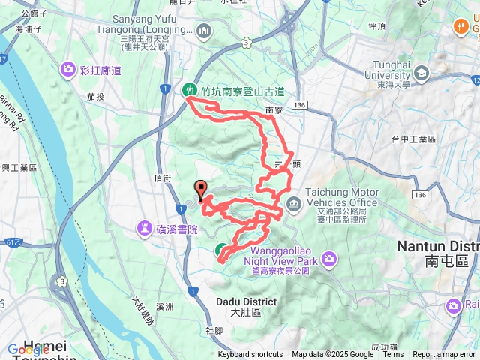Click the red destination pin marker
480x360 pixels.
pyautogui.click(x=199, y=189)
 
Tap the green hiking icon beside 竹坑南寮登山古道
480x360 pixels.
pyautogui.click(x=190, y=90)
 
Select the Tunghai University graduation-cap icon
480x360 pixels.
pyautogui.click(x=421, y=73)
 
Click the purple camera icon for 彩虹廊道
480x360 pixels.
pyautogui.click(x=69, y=70)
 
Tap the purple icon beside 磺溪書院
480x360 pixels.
pyautogui.click(x=145, y=227)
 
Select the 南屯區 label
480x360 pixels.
pyautogui.click(x=446, y=261)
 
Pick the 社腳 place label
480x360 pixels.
pyautogui.click(x=213, y=331)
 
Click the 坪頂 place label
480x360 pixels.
pyautogui.click(x=376, y=25)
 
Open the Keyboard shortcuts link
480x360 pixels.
pyautogui.click(x=250, y=355)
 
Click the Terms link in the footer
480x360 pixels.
pyautogui.click(x=393, y=355)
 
